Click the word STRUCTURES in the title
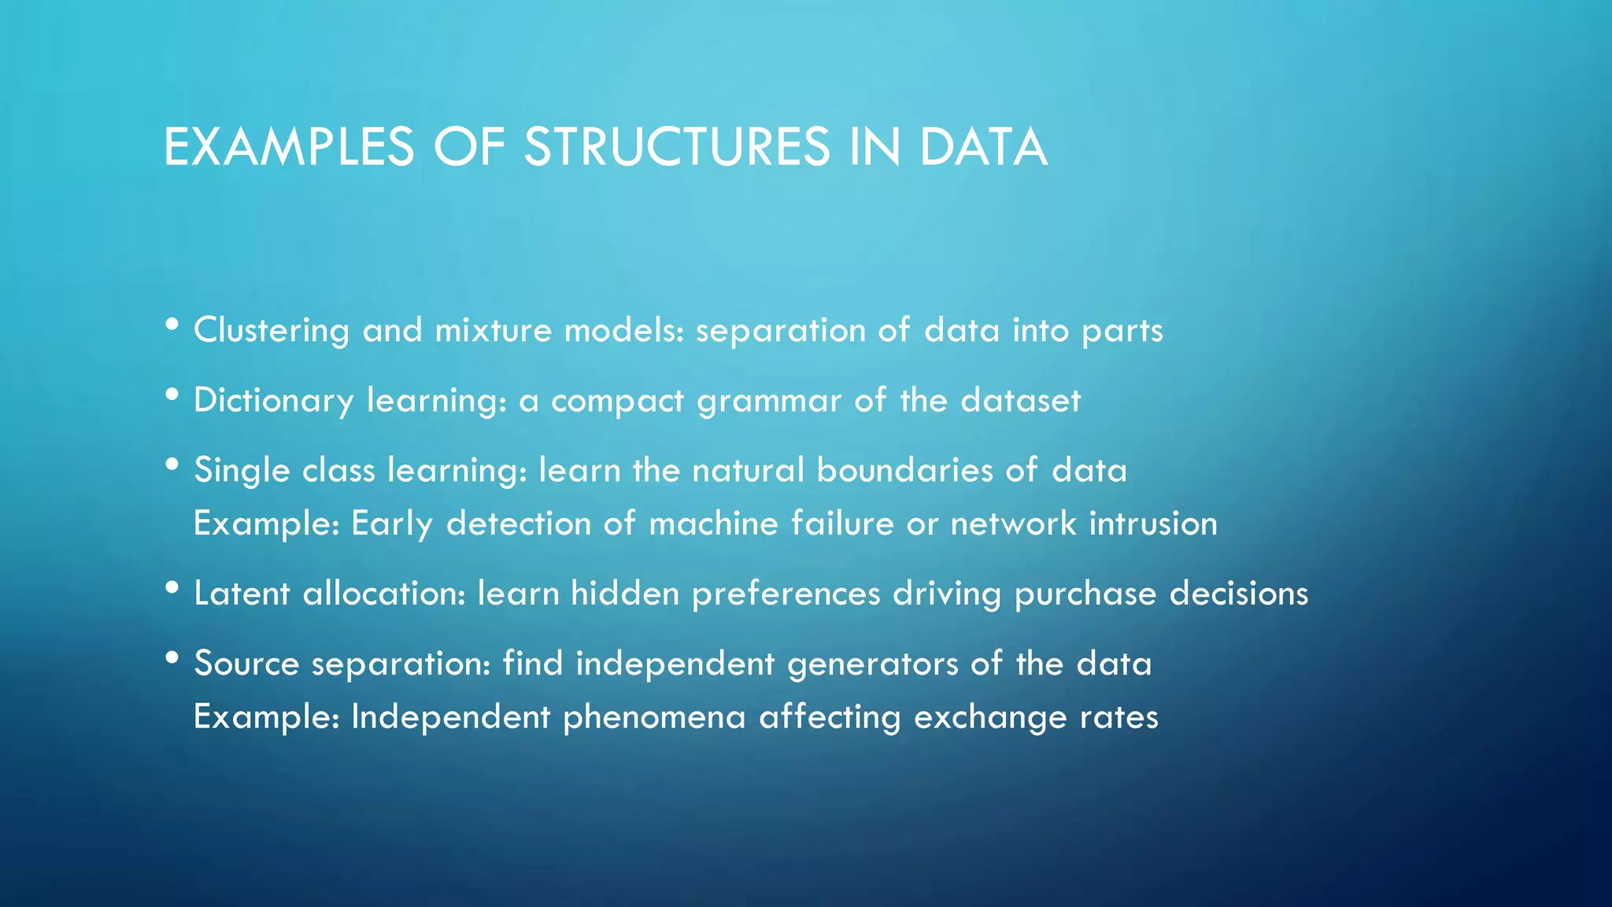[x=677, y=147]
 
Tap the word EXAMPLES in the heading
[x=289, y=147]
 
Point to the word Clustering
[x=272, y=330]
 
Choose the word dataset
[x=1021, y=400]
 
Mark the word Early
[x=392, y=524]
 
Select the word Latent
[x=242, y=593]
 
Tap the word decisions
[x=1239, y=593]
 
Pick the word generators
[x=873, y=664]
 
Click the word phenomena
[x=654, y=717]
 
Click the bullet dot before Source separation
[x=172, y=657]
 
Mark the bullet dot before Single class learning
[x=172, y=465]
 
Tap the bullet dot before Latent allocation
[x=172, y=587]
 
